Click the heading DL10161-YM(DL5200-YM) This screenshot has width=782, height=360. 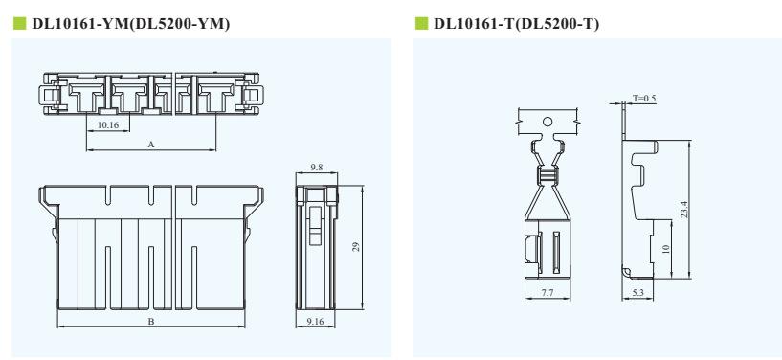[131, 23]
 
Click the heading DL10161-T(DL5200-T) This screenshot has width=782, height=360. [516, 23]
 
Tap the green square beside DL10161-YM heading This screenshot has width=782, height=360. [19, 23]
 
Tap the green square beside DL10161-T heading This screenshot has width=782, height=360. [421, 23]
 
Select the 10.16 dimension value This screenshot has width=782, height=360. [108, 125]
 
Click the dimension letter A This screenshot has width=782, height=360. [151, 145]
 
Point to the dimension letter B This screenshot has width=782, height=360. [150, 322]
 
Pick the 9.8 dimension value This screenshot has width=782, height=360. [316, 168]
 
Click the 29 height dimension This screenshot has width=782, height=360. [356, 247]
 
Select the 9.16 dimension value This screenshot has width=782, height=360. [315, 322]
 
